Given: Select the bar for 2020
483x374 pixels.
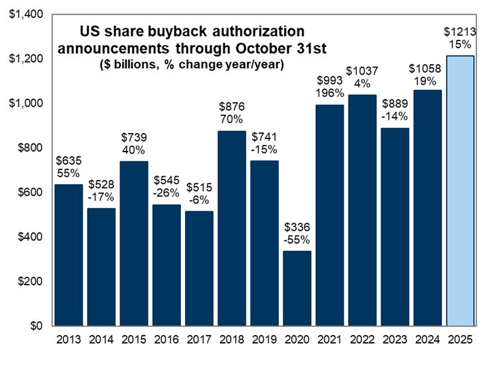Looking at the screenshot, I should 297,289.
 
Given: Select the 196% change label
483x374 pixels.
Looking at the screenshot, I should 330,95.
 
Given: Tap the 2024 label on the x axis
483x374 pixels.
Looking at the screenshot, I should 427,340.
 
